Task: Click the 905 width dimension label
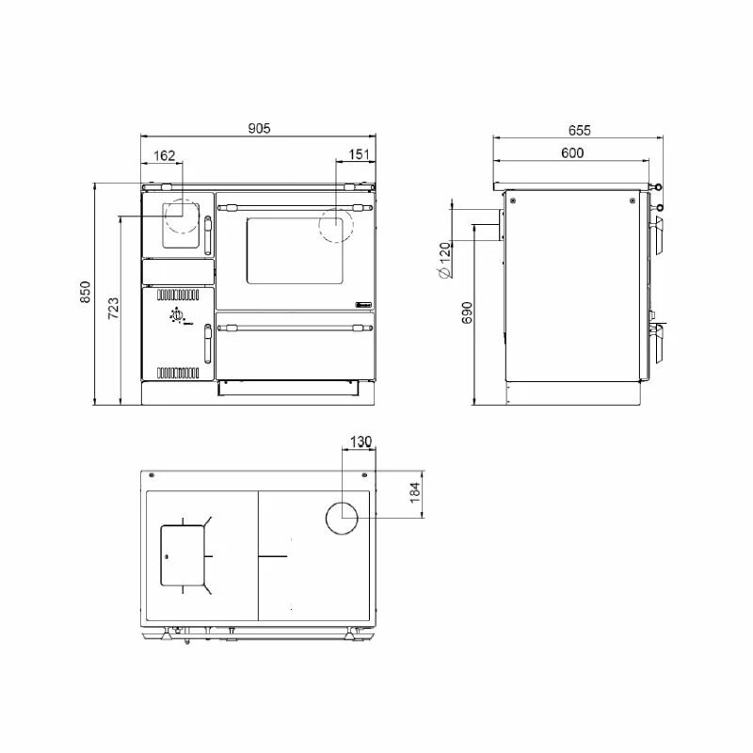tap(260, 128)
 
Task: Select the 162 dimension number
tap(164, 155)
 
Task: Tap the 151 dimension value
tap(359, 154)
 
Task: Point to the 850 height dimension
tap(85, 292)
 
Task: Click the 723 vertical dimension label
tap(113, 309)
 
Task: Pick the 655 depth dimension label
tap(579, 130)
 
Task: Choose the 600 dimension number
tap(572, 152)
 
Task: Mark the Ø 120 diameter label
tap(445, 261)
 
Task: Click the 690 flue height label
tap(467, 312)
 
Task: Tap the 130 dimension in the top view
tap(361, 441)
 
